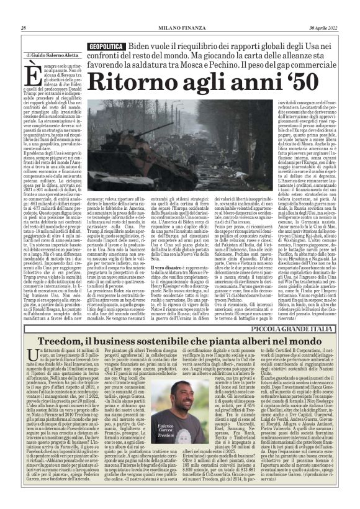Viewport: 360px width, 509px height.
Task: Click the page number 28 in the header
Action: click(23, 28)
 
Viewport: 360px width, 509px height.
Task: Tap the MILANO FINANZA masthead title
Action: click(179, 28)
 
